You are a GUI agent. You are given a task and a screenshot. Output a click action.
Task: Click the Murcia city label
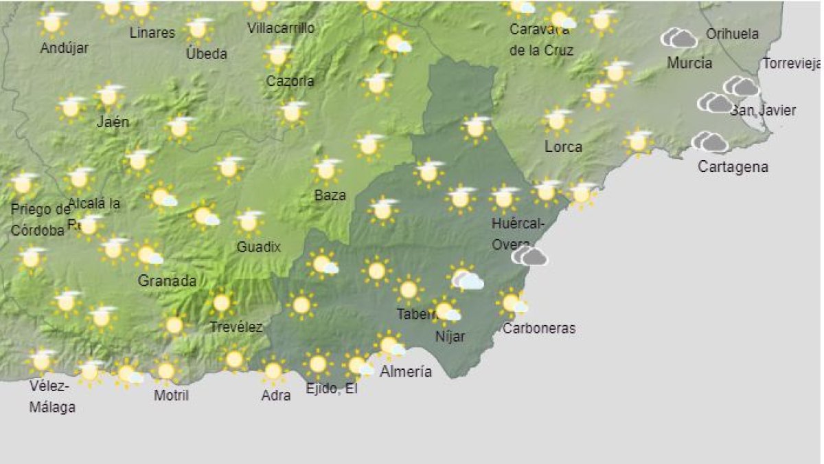(x=689, y=63)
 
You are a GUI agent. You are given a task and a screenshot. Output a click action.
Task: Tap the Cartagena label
(x=733, y=167)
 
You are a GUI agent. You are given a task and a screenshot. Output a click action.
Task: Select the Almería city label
(x=407, y=372)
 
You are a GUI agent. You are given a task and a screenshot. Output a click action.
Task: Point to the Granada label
(x=167, y=280)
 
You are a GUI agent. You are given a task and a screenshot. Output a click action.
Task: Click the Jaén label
(x=113, y=122)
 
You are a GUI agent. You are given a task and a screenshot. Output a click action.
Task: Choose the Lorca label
(x=563, y=147)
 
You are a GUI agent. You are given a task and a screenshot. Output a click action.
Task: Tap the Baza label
(x=330, y=195)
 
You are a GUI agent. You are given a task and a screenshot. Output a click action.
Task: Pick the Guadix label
(x=258, y=247)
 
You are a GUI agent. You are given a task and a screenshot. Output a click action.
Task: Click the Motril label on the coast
(x=171, y=395)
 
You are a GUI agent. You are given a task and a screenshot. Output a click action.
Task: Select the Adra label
(x=276, y=395)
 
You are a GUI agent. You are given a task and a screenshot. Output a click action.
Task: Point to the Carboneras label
(x=538, y=329)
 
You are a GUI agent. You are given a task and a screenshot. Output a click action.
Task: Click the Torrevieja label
(x=792, y=64)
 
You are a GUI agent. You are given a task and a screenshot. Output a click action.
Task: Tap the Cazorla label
(x=290, y=81)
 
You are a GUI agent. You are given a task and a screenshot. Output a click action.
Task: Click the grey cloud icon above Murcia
(x=679, y=38)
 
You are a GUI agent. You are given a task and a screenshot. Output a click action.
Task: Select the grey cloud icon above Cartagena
(x=710, y=142)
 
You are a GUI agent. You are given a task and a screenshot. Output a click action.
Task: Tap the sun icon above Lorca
(x=558, y=120)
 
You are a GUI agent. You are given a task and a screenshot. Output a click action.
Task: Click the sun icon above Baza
(x=328, y=170)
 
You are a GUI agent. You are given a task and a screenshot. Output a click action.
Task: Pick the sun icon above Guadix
(x=249, y=221)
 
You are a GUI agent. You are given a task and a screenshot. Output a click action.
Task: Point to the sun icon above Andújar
(x=53, y=23)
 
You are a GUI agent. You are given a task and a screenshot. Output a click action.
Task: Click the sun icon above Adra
(x=273, y=371)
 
